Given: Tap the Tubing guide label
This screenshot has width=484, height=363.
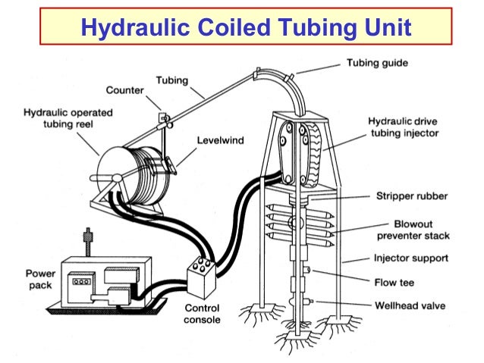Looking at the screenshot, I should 379,62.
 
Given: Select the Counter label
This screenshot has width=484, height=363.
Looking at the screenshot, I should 125,90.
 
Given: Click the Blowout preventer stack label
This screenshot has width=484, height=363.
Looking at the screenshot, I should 410,230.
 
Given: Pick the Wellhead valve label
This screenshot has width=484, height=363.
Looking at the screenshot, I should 410,306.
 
